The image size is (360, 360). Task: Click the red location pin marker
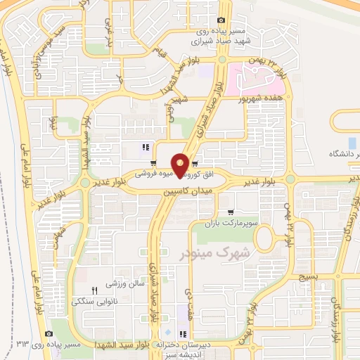point(181,164)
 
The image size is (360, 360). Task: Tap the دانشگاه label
point(346,154)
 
